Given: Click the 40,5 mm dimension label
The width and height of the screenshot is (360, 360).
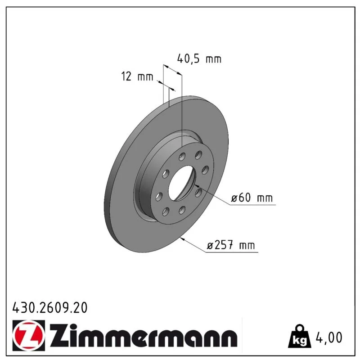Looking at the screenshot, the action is point(199,59).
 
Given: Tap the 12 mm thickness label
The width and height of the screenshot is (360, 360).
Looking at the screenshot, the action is point(137,76).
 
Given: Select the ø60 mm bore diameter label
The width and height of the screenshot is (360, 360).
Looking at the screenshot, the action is point(252,198).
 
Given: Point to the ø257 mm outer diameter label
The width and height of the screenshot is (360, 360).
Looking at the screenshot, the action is point(231,245).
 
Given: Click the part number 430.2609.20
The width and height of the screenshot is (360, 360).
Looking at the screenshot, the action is point(50,308).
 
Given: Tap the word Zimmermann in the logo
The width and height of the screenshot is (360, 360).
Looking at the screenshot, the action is point(144,336).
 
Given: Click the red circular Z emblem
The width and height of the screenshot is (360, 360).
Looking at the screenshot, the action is point(29,335).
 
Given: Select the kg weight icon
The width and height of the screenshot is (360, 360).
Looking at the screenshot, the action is point(300,337).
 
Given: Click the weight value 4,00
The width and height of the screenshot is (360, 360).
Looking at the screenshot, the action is point(329,337).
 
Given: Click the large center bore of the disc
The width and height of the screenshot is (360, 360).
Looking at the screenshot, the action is point(181,183).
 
